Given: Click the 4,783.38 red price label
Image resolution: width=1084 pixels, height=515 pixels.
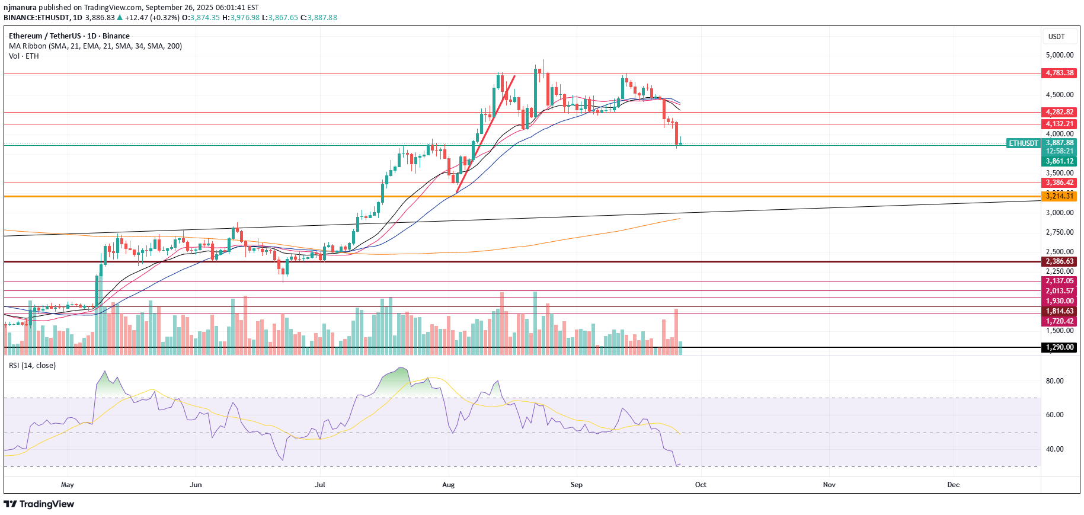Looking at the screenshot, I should (x=1059, y=73).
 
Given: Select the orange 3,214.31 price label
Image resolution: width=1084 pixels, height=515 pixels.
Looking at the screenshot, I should (x=1059, y=196).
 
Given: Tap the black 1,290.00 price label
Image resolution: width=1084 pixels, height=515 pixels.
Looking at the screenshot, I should (x=1059, y=347).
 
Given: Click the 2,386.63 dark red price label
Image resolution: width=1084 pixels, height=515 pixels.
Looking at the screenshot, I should (x=1059, y=261).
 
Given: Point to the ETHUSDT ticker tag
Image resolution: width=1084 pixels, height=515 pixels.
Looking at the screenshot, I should (x=1024, y=143).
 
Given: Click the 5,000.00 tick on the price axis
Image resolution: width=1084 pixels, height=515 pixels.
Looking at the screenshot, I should (x=1059, y=55).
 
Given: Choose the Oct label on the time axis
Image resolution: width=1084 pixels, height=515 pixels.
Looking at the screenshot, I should (x=701, y=485).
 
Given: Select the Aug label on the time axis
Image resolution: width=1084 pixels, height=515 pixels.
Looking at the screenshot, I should (x=449, y=485).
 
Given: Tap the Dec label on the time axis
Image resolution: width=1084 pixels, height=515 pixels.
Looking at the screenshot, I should (x=953, y=485).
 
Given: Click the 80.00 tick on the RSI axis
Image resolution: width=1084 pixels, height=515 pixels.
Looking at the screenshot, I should (x=1054, y=381).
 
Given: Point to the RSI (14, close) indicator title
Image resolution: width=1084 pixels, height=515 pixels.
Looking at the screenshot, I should (x=33, y=366).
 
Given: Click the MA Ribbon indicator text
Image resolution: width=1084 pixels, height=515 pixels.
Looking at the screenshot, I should (x=95, y=46).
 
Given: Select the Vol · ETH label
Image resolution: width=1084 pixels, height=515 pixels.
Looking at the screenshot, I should (x=24, y=56).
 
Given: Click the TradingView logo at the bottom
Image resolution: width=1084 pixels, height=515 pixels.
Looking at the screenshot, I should (x=39, y=504).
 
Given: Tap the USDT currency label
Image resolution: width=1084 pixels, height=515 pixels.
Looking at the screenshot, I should (x=1056, y=37).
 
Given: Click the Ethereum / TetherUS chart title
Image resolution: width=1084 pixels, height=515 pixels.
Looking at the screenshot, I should (x=69, y=36).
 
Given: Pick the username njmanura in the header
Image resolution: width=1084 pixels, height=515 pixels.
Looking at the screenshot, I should (x=20, y=8).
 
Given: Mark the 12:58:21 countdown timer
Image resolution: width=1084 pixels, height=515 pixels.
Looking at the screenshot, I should (x=1059, y=152).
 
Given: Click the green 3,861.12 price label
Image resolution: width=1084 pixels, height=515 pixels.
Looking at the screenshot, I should (x=1059, y=161).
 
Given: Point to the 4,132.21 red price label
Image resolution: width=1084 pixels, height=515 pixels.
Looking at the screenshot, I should (x=1059, y=124).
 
